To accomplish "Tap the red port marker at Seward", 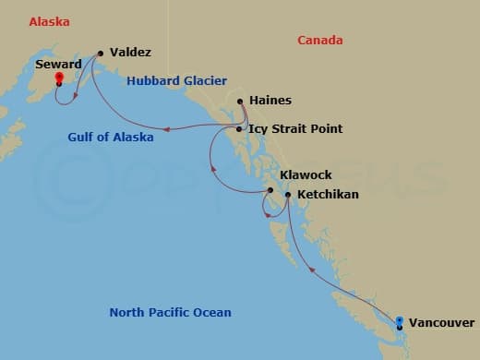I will [x=58, y=79].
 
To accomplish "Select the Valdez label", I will [x=130, y=53].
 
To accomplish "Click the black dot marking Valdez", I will [x=99, y=53].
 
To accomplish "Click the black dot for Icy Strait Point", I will [x=239, y=129].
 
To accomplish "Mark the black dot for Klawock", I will [x=270, y=191].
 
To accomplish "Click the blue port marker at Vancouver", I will [x=399, y=322].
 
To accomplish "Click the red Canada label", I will [x=320, y=40].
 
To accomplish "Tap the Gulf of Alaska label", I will [x=111, y=138].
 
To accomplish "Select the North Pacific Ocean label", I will [x=170, y=312].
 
